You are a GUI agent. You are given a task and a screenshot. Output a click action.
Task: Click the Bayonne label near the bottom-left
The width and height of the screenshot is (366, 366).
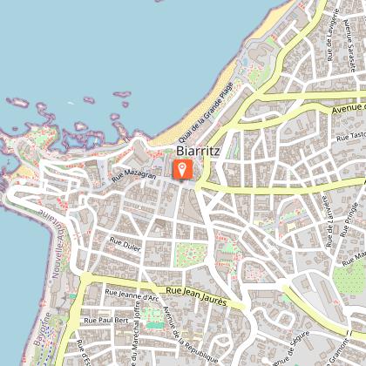[44, 335]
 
